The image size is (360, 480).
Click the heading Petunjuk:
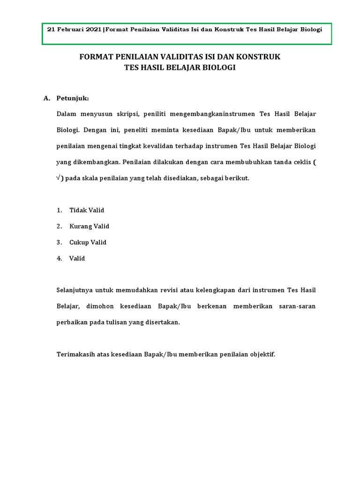72,98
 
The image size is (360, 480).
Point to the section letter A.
46,98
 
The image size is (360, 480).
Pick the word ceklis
300,162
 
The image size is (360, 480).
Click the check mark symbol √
59,178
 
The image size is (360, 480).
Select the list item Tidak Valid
87,210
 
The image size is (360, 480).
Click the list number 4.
59,258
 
